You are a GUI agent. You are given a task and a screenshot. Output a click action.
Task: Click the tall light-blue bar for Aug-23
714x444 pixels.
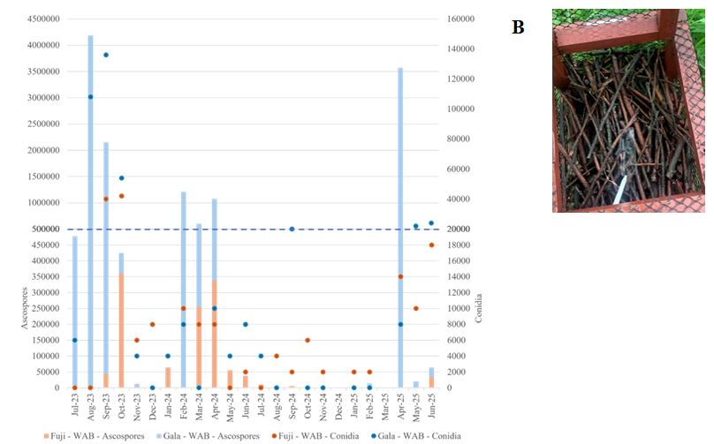coord(90,212)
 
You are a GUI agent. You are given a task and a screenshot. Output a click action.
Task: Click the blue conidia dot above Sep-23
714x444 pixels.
coord(106,55)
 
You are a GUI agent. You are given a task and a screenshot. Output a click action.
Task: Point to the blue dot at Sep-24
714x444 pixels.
coord(292,229)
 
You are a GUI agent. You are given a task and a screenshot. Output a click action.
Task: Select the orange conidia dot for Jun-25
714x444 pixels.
coord(431,245)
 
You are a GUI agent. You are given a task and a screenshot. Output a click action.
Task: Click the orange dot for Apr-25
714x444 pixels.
coord(400,276)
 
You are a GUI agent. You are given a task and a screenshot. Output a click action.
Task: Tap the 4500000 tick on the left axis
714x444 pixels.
coord(43,19)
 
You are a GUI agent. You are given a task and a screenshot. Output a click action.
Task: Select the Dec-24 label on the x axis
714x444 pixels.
coord(338,407)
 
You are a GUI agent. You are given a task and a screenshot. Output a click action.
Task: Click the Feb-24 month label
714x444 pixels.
coord(184,407)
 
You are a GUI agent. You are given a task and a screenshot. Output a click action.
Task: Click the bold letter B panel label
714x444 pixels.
coord(518,27)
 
